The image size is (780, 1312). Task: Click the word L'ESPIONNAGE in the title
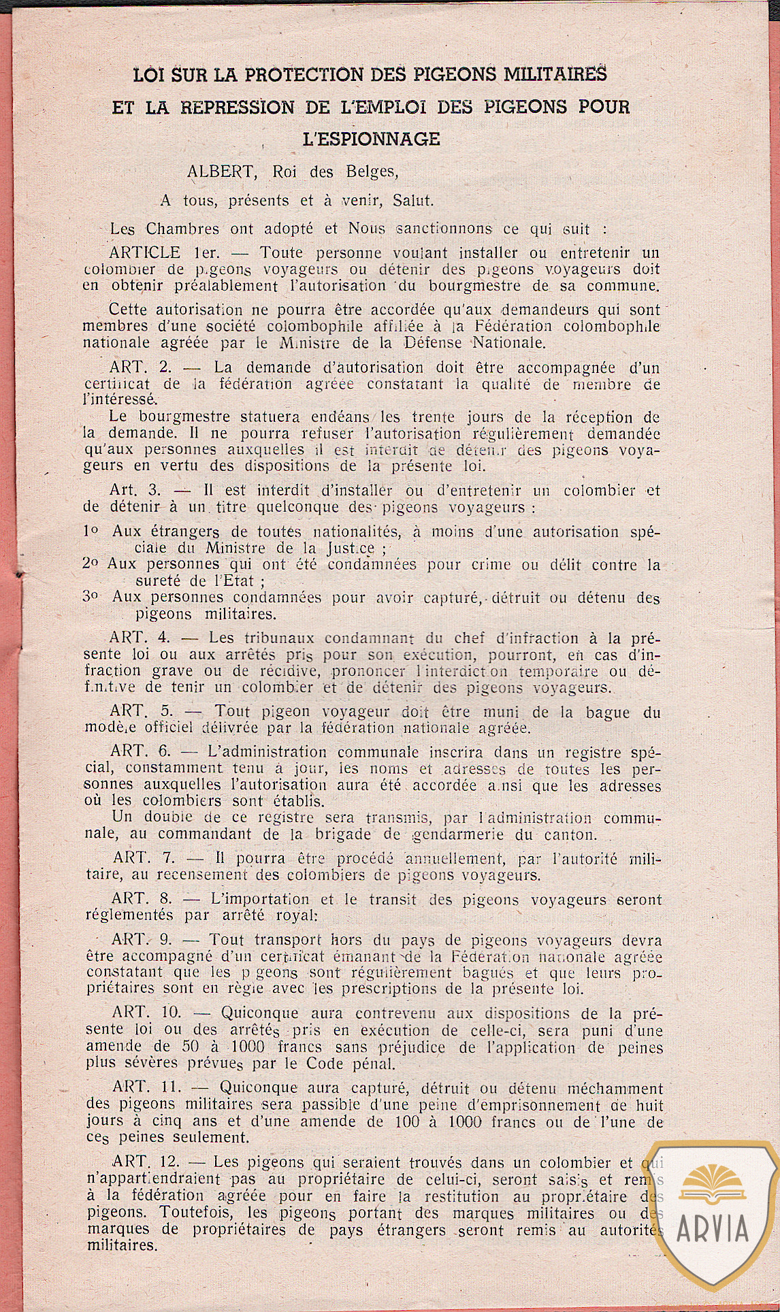(371, 139)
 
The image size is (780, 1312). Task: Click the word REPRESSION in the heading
(238, 107)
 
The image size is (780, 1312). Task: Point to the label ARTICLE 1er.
(164, 253)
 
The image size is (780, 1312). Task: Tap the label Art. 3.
(133, 490)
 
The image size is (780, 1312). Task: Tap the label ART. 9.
(143, 940)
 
